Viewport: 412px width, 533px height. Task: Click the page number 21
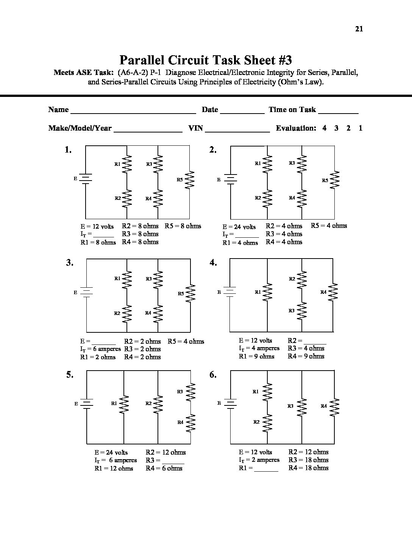[359, 29]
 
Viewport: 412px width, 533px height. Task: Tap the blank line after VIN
[237, 129]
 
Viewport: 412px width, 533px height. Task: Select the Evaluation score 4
[325, 128]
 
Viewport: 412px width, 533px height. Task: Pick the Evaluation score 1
[360, 128]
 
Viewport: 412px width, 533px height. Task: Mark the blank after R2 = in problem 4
[315, 341]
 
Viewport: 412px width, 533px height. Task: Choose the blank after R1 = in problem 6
[266, 469]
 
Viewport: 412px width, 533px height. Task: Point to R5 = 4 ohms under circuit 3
[186, 341]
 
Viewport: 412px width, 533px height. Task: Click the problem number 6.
[213, 375]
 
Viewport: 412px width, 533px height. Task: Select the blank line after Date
[242, 111]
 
